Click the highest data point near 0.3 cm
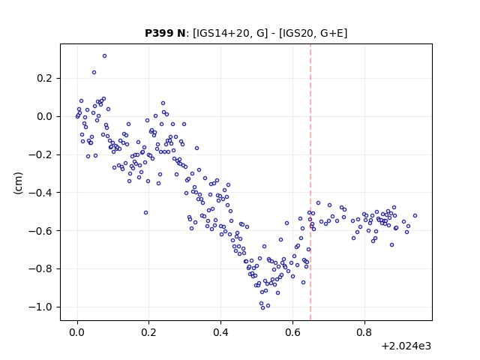(x=105, y=56)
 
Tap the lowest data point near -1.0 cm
(x=262, y=307)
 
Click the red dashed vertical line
(x=310, y=182)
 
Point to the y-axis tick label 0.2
(x=44, y=78)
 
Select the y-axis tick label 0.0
(x=44, y=117)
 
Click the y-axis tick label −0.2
(x=40, y=154)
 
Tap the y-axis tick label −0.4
(x=40, y=193)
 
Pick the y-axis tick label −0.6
(x=40, y=230)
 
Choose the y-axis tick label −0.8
(x=40, y=268)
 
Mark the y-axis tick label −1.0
(x=40, y=307)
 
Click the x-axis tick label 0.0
(x=77, y=332)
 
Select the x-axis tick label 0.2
(x=149, y=332)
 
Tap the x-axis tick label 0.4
(x=220, y=332)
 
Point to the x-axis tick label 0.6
(x=292, y=332)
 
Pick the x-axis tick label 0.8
(x=364, y=332)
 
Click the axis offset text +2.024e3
(x=406, y=346)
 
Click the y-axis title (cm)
(x=18, y=183)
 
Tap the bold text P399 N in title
(x=165, y=33)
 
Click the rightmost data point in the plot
(x=415, y=215)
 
